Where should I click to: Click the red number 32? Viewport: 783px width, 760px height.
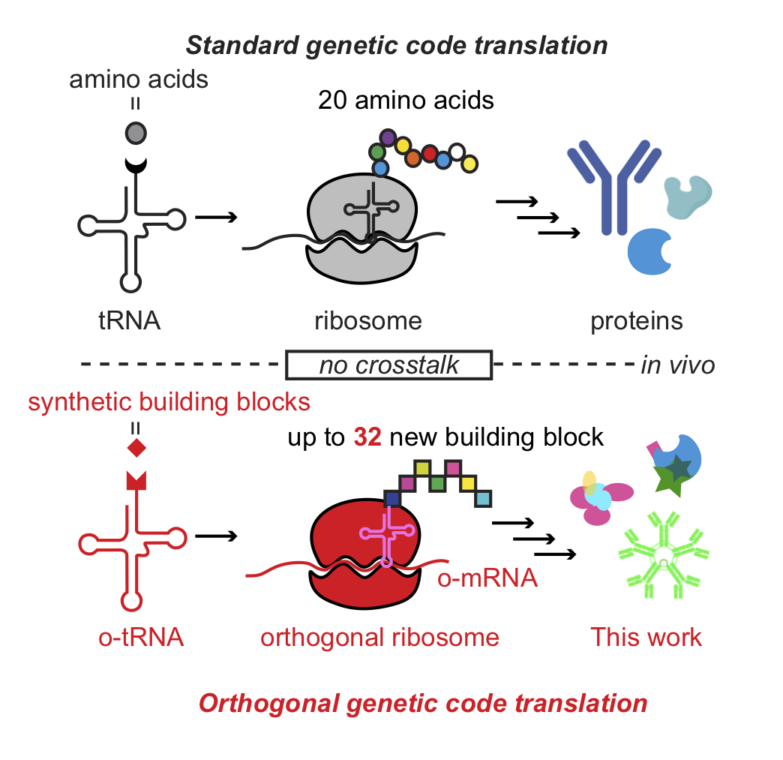click(368, 437)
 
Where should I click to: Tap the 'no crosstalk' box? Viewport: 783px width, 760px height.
click(388, 365)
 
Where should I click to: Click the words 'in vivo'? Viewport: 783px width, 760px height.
click(677, 365)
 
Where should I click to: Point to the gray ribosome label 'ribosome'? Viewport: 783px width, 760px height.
click(368, 321)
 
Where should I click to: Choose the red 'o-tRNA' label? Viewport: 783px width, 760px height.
click(141, 637)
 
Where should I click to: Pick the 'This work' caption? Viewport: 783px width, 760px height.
click(646, 637)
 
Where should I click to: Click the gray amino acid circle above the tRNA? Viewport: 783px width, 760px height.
click(136, 134)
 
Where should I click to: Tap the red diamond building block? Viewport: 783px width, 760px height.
click(136, 449)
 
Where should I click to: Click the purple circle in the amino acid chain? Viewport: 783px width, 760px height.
click(388, 137)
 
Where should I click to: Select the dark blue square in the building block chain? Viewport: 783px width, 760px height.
click(392, 498)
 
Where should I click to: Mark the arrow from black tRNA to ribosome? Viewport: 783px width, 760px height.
click(216, 218)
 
